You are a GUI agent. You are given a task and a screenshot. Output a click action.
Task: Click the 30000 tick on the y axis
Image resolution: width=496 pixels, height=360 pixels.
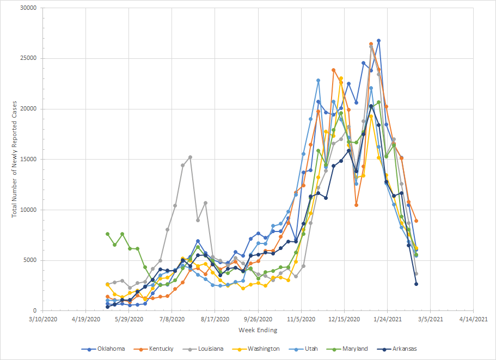[27, 8]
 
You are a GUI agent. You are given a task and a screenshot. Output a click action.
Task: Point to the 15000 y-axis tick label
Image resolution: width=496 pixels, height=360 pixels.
[27, 160]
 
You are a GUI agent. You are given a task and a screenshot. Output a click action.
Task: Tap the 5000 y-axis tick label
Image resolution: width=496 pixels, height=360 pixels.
[29, 260]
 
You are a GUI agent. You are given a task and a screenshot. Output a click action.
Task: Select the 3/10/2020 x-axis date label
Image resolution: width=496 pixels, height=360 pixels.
[43, 319]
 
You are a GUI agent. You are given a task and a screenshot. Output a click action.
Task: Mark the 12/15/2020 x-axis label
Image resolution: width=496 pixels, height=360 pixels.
[344, 319]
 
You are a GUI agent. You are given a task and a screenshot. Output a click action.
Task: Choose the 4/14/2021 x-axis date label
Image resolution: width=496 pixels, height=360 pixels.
[474, 319]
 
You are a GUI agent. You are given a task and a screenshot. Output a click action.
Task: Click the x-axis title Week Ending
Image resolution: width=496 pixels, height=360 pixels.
[258, 330]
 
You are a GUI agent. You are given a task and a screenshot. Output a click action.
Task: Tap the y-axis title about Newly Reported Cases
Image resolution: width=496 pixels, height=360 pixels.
[15, 159]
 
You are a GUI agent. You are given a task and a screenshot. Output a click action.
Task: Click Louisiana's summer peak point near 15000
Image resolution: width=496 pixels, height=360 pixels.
[190, 157]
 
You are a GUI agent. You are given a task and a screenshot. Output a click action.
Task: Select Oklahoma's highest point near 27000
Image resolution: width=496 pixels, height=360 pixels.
[378, 41]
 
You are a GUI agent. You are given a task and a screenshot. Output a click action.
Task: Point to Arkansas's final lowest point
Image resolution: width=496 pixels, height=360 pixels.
[416, 284]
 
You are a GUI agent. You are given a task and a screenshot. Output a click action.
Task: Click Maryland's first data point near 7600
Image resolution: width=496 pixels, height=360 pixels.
[107, 234]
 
